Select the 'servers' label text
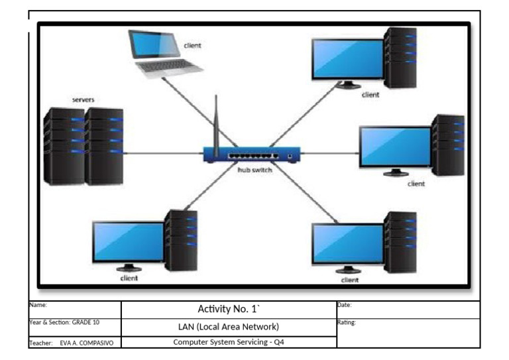point(84,99)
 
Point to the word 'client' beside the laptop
point(192,46)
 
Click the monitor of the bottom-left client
point(128,243)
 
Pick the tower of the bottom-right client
point(400,241)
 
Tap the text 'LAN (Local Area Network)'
point(229,327)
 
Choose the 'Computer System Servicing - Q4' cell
point(229,342)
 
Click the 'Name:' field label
point(38,305)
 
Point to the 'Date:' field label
point(345,305)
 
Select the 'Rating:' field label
point(347,323)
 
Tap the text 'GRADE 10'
point(85,322)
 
